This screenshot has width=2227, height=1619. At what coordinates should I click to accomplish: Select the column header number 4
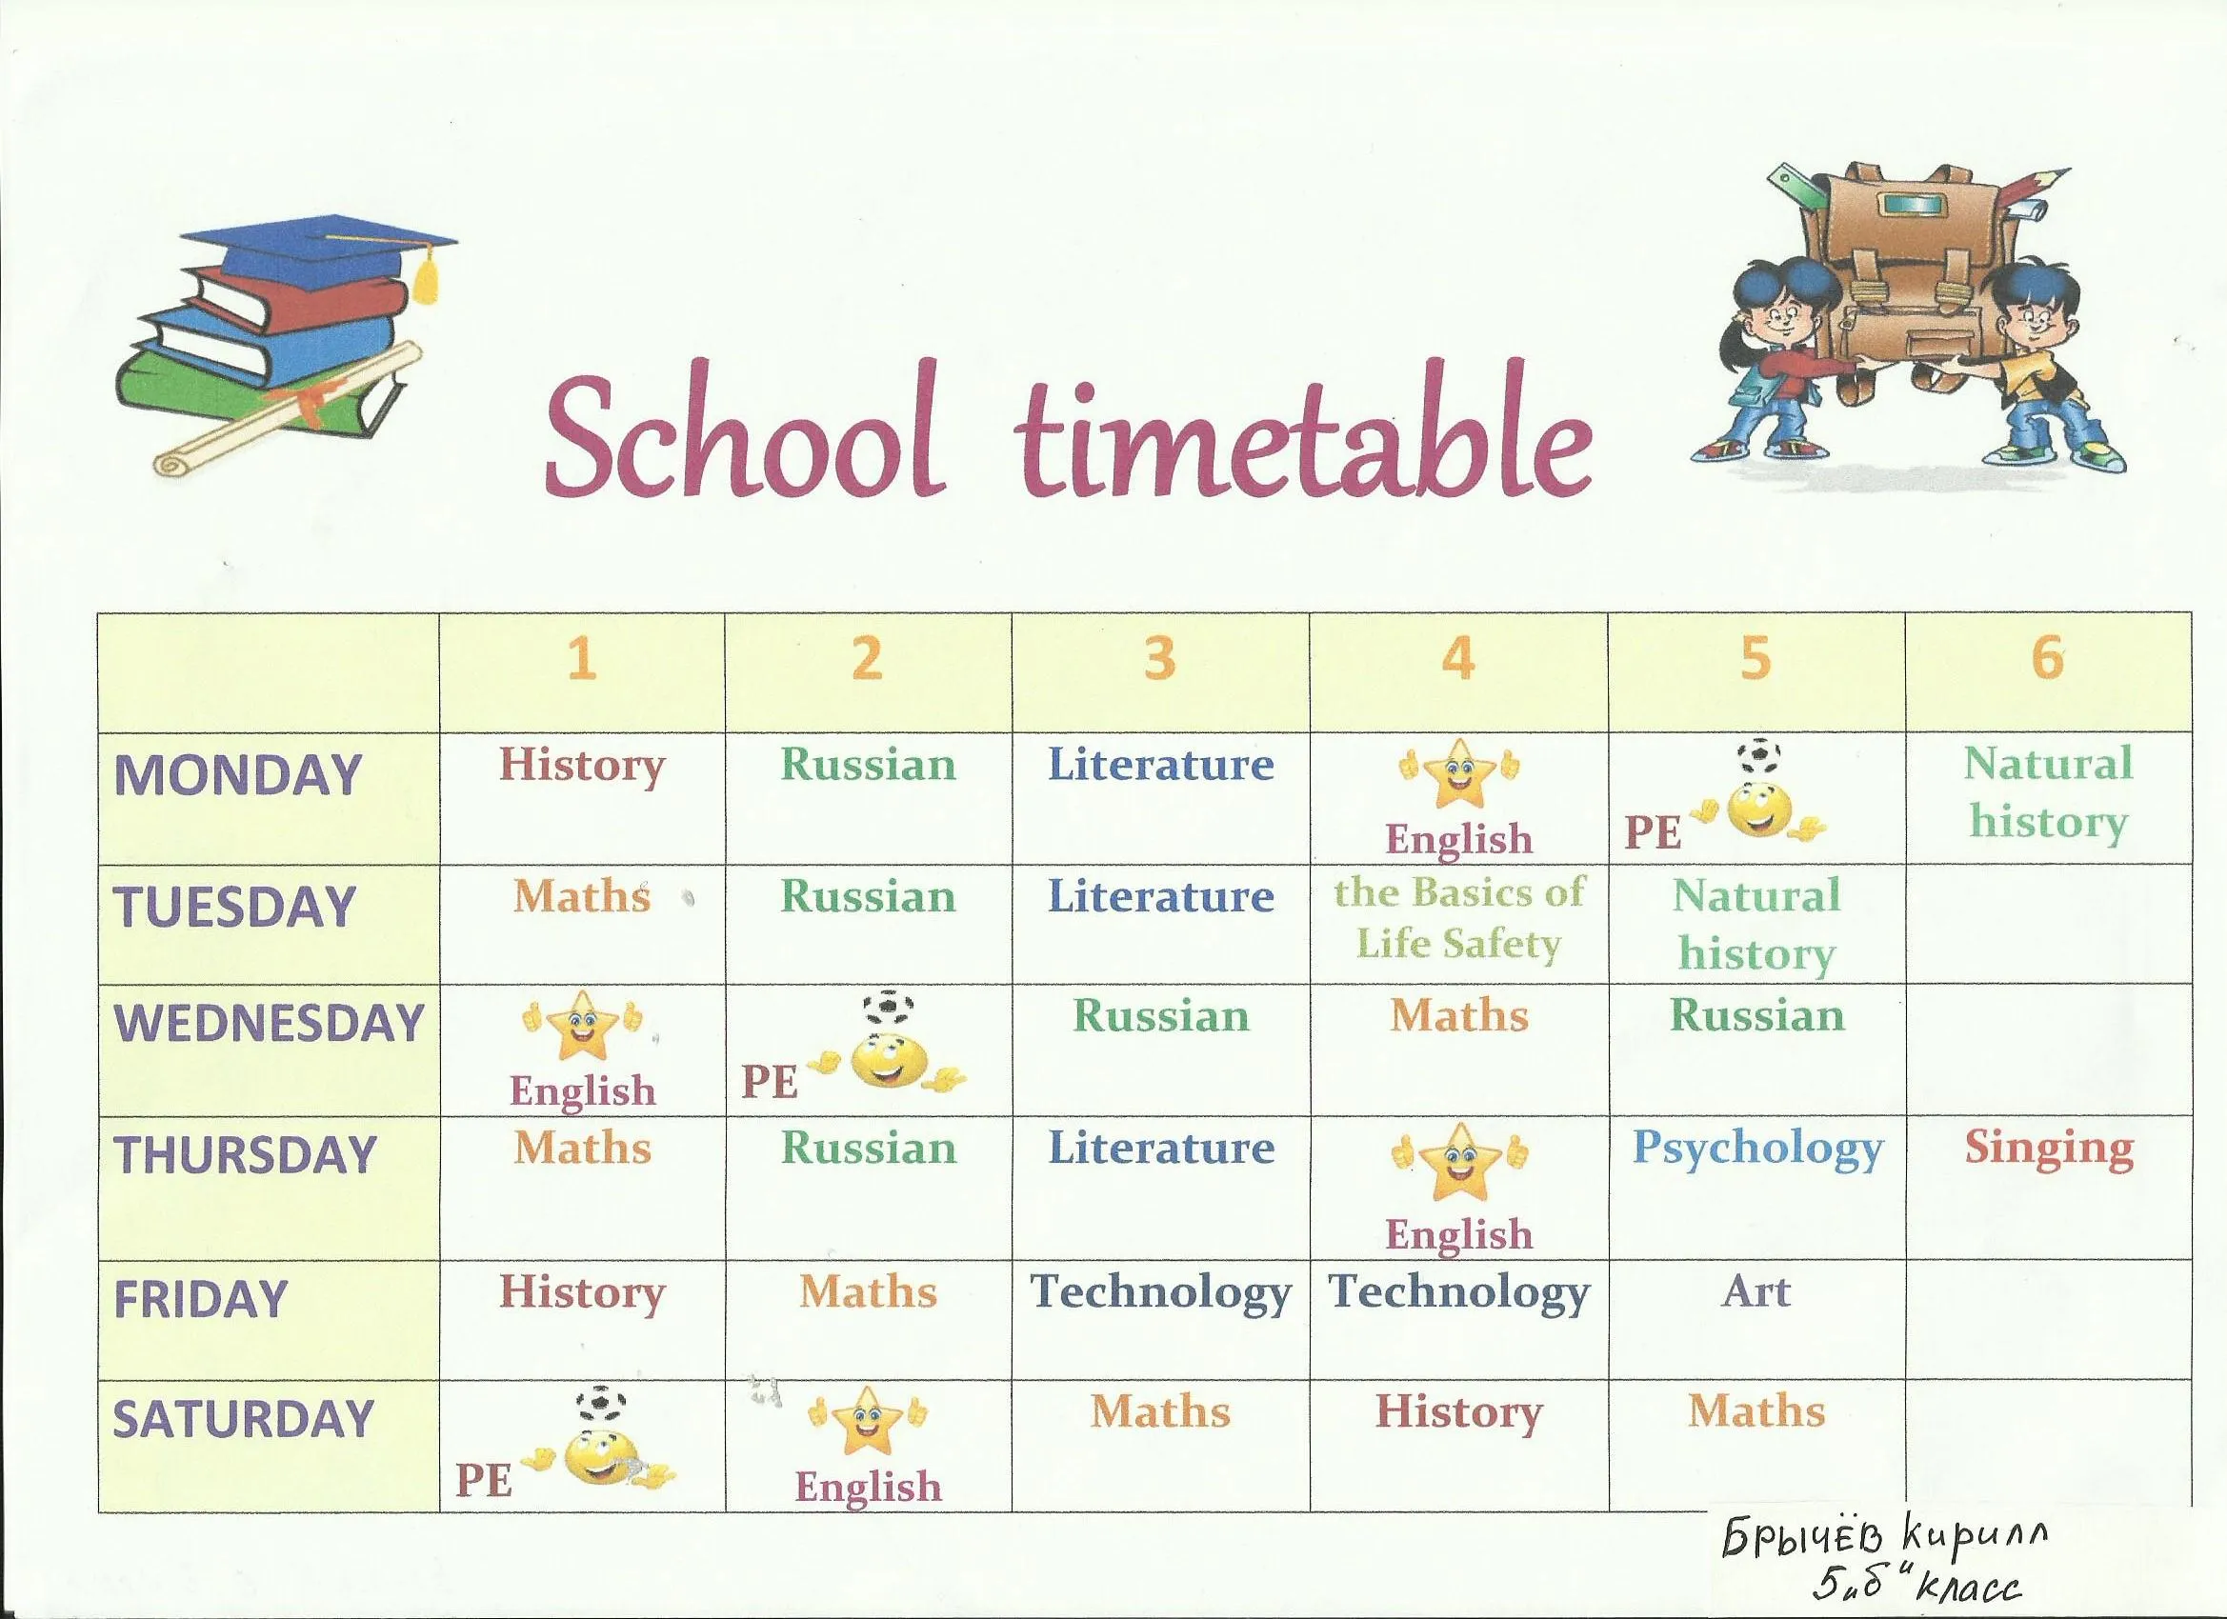pyautogui.click(x=1458, y=658)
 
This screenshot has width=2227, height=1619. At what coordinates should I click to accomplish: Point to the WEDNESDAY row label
pyautogui.click(x=269, y=1022)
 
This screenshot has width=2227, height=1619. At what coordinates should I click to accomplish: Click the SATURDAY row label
pyautogui.click(x=244, y=1419)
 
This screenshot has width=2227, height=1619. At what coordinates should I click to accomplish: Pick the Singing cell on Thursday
pyautogui.click(x=2049, y=1149)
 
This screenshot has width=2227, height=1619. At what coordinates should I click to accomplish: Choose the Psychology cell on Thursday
pyautogui.click(x=1757, y=1149)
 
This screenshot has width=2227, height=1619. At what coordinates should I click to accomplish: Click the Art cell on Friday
pyautogui.click(x=1756, y=1291)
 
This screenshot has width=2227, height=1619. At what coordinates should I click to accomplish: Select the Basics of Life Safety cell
pyautogui.click(x=1459, y=918)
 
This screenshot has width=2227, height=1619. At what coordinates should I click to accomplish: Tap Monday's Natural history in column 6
pyautogui.click(x=2049, y=793)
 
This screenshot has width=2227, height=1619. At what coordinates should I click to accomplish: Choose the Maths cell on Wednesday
pyautogui.click(x=1459, y=1016)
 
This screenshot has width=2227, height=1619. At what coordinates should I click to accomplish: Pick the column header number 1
pyautogui.click(x=581, y=658)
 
